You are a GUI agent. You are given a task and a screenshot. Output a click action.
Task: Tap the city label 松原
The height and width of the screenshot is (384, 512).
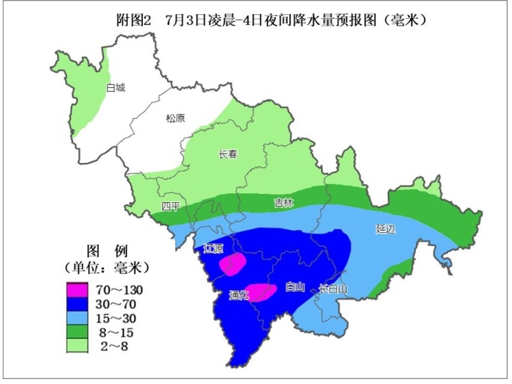[175, 118]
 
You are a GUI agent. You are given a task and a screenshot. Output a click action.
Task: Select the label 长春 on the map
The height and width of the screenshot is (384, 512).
[227, 154]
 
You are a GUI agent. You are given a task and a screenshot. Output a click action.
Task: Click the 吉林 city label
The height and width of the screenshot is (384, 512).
[283, 203]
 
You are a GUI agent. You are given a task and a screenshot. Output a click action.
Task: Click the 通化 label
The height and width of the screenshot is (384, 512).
[238, 295]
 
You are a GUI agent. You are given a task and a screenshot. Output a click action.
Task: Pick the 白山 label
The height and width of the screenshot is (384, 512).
[295, 286]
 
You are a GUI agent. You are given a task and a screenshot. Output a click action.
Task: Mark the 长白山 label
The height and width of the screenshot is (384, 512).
[332, 288]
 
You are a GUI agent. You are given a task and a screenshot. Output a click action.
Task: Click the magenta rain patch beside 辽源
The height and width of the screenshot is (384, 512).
[232, 263]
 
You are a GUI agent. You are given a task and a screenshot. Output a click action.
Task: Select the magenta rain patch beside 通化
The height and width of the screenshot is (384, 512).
[261, 292]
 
